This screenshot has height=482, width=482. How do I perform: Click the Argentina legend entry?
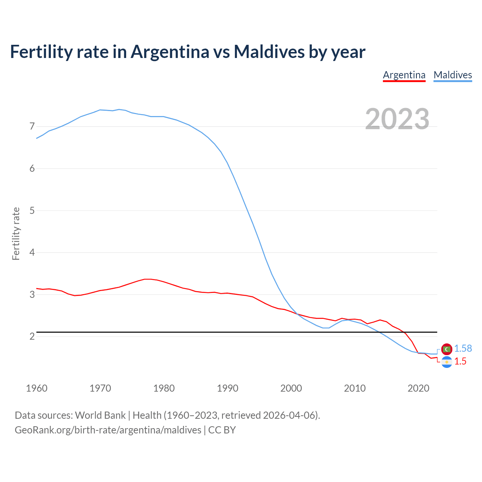[404, 75]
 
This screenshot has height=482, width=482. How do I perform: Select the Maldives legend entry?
[453, 75]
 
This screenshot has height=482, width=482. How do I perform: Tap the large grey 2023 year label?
[397, 119]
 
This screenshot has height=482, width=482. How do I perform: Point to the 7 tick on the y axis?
[32, 126]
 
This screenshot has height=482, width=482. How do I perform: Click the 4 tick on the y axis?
[32, 252]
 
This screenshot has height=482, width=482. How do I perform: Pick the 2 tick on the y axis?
[32, 336]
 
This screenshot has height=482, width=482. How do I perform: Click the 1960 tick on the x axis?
[37, 388]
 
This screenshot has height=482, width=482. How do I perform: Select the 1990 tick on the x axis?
[227, 388]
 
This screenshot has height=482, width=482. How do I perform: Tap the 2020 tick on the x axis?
[418, 388]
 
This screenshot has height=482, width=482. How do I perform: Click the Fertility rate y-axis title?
[16, 233]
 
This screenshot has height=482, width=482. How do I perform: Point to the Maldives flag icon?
[447, 349]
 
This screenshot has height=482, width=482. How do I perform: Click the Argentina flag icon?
[447, 362]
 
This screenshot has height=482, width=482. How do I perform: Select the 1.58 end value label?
[463, 349]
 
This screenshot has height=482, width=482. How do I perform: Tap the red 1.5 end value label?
[460, 361]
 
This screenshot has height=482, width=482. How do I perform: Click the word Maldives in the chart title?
[269, 52]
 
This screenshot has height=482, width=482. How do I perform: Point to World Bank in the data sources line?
[100, 415]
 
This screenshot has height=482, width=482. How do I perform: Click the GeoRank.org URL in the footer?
[108, 430]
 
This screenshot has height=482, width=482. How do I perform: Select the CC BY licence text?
[222, 430]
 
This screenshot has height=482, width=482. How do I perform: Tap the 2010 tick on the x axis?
[355, 388]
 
